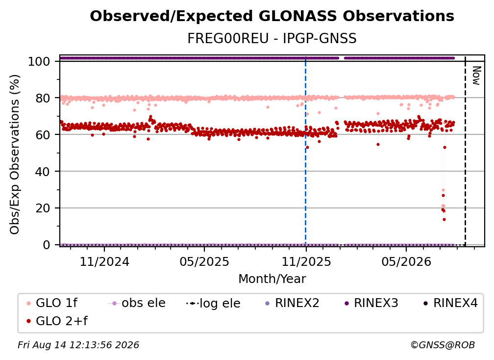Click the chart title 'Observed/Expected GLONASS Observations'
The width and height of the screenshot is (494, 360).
point(272,16)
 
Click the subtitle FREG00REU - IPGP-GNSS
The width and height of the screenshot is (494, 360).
point(272,38)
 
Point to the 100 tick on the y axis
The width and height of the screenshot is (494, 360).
point(39,61)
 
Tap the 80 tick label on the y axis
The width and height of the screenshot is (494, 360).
point(43,98)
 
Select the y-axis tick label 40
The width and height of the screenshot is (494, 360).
point(43,172)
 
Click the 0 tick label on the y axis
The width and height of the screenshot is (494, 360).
point(47,245)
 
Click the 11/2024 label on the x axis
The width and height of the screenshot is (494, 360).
point(104,261)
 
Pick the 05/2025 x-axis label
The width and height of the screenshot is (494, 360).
point(204,261)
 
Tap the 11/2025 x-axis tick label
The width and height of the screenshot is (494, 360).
point(306,261)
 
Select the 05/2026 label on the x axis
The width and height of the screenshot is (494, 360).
point(406,261)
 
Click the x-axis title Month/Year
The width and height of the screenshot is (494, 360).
point(272,279)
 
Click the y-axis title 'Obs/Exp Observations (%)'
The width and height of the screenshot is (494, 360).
point(15,154)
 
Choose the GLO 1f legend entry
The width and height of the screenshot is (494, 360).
point(52,303)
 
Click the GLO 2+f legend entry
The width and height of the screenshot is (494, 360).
point(57,321)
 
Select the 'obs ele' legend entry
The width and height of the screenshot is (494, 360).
point(137,303)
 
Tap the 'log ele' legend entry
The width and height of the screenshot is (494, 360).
point(213,303)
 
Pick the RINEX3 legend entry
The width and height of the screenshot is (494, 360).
point(371,303)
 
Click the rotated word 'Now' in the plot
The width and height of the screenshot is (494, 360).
point(476,76)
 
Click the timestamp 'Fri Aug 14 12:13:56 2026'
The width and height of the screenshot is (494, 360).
point(78,345)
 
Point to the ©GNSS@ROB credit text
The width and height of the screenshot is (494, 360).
point(443,345)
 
